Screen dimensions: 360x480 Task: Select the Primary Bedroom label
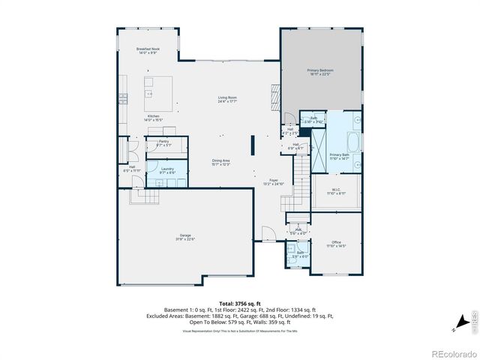[x=320, y=72]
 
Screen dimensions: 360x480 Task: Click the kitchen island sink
[x=149, y=94]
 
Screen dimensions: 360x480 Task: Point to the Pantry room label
[x=163, y=143]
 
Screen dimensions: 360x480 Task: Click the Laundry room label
[x=167, y=170]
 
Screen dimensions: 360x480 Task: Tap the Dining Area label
[x=220, y=162]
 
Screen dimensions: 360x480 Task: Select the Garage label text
[x=185, y=238]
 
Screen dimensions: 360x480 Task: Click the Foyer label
[x=274, y=181]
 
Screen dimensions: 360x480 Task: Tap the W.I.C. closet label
[x=337, y=191]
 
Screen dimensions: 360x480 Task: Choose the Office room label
[x=336, y=243]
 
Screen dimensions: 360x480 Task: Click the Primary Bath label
[x=340, y=156]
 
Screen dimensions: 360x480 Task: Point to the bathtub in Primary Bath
[x=353, y=140]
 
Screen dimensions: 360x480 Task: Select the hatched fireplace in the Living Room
[x=274, y=77]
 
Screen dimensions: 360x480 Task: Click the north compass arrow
[x=454, y=328]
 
